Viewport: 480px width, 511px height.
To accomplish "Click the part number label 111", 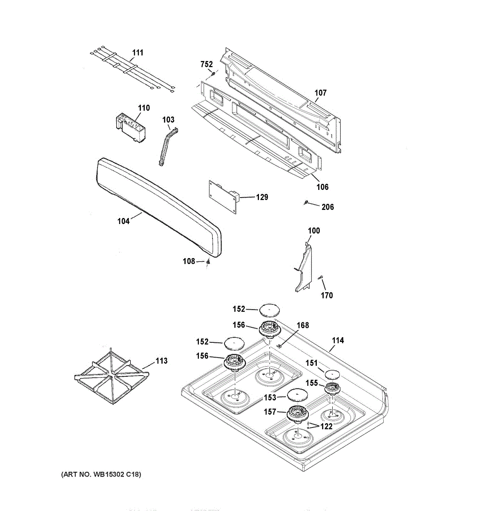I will tap(137, 53).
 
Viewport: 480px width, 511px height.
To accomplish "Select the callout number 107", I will tap(320, 93).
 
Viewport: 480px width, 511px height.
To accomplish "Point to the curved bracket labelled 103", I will tap(167, 145).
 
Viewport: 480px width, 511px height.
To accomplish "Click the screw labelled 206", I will tap(306, 202).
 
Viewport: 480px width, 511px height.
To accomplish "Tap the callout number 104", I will tap(124, 221).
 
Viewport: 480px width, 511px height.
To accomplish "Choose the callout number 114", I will tap(338, 340).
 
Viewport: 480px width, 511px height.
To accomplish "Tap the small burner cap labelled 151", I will tap(332, 374).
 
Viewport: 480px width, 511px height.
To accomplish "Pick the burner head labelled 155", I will tap(332, 388).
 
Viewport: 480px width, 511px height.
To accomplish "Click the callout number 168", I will tap(302, 326).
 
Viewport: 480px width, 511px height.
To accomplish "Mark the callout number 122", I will tap(326, 426).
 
